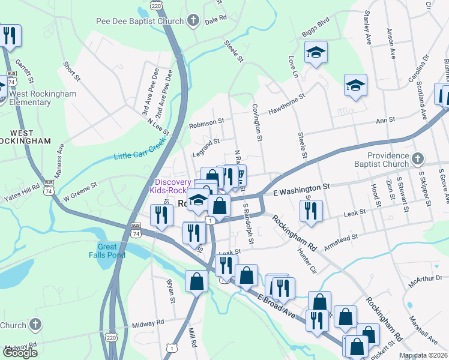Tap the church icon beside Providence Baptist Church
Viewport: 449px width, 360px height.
(418, 159)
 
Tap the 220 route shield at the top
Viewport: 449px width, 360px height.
(156, 5)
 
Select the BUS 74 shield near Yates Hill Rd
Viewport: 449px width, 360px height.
(48, 190)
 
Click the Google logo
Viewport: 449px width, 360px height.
(20, 353)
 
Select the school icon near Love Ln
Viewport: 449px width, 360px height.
(315, 53)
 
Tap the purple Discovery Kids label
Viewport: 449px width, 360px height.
(174, 186)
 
